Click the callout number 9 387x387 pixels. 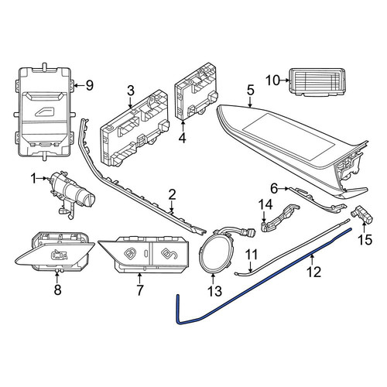click(89, 85)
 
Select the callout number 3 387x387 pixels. click(131, 91)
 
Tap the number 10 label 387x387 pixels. click(272, 80)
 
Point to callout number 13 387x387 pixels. click(214, 291)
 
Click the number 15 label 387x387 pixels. click(365, 240)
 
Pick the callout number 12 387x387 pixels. click(314, 272)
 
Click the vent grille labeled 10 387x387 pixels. click(317, 82)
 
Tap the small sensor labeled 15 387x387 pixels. click(361, 214)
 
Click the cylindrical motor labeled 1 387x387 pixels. click(72, 193)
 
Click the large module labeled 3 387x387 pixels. click(135, 128)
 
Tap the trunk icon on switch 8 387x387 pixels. click(60, 255)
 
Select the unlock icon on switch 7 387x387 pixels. click(170, 254)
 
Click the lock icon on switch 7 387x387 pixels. click(129, 253)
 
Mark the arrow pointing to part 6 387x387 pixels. click(283, 189)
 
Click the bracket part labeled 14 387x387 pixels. click(280, 217)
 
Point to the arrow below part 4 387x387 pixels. click(183, 127)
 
